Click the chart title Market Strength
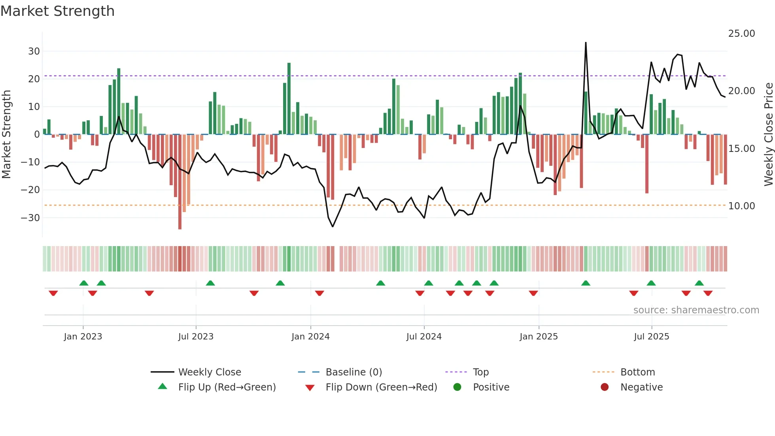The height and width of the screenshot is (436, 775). (x=57, y=11)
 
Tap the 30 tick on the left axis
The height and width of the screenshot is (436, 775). (x=34, y=51)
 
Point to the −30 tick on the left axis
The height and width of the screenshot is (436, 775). (x=30, y=218)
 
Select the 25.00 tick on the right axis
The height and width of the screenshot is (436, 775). (x=741, y=34)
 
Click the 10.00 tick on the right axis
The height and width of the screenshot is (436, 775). (x=741, y=206)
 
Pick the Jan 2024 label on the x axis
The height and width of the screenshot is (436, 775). (x=310, y=337)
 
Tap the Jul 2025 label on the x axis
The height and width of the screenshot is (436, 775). (x=651, y=337)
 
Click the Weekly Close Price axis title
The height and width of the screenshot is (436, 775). (x=768, y=135)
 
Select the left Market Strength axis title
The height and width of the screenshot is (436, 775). (x=7, y=135)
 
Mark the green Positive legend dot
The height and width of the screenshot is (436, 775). (x=457, y=387)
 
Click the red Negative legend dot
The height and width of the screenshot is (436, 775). (x=605, y=387)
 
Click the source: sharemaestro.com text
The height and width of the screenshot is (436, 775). (x=696, y=310)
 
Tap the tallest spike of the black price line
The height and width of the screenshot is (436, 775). (x=586, y=43)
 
